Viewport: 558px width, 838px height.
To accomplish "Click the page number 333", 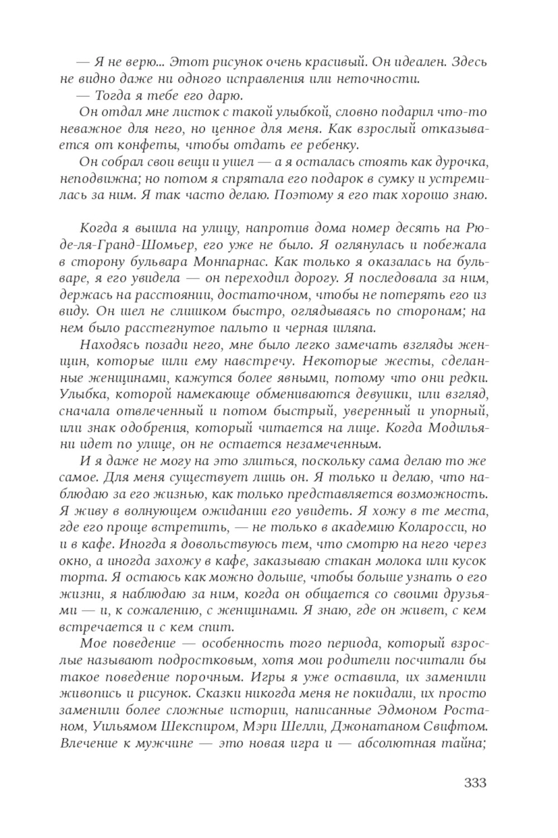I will [475, 782].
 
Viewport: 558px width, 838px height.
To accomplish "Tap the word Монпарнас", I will [241, 261].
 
